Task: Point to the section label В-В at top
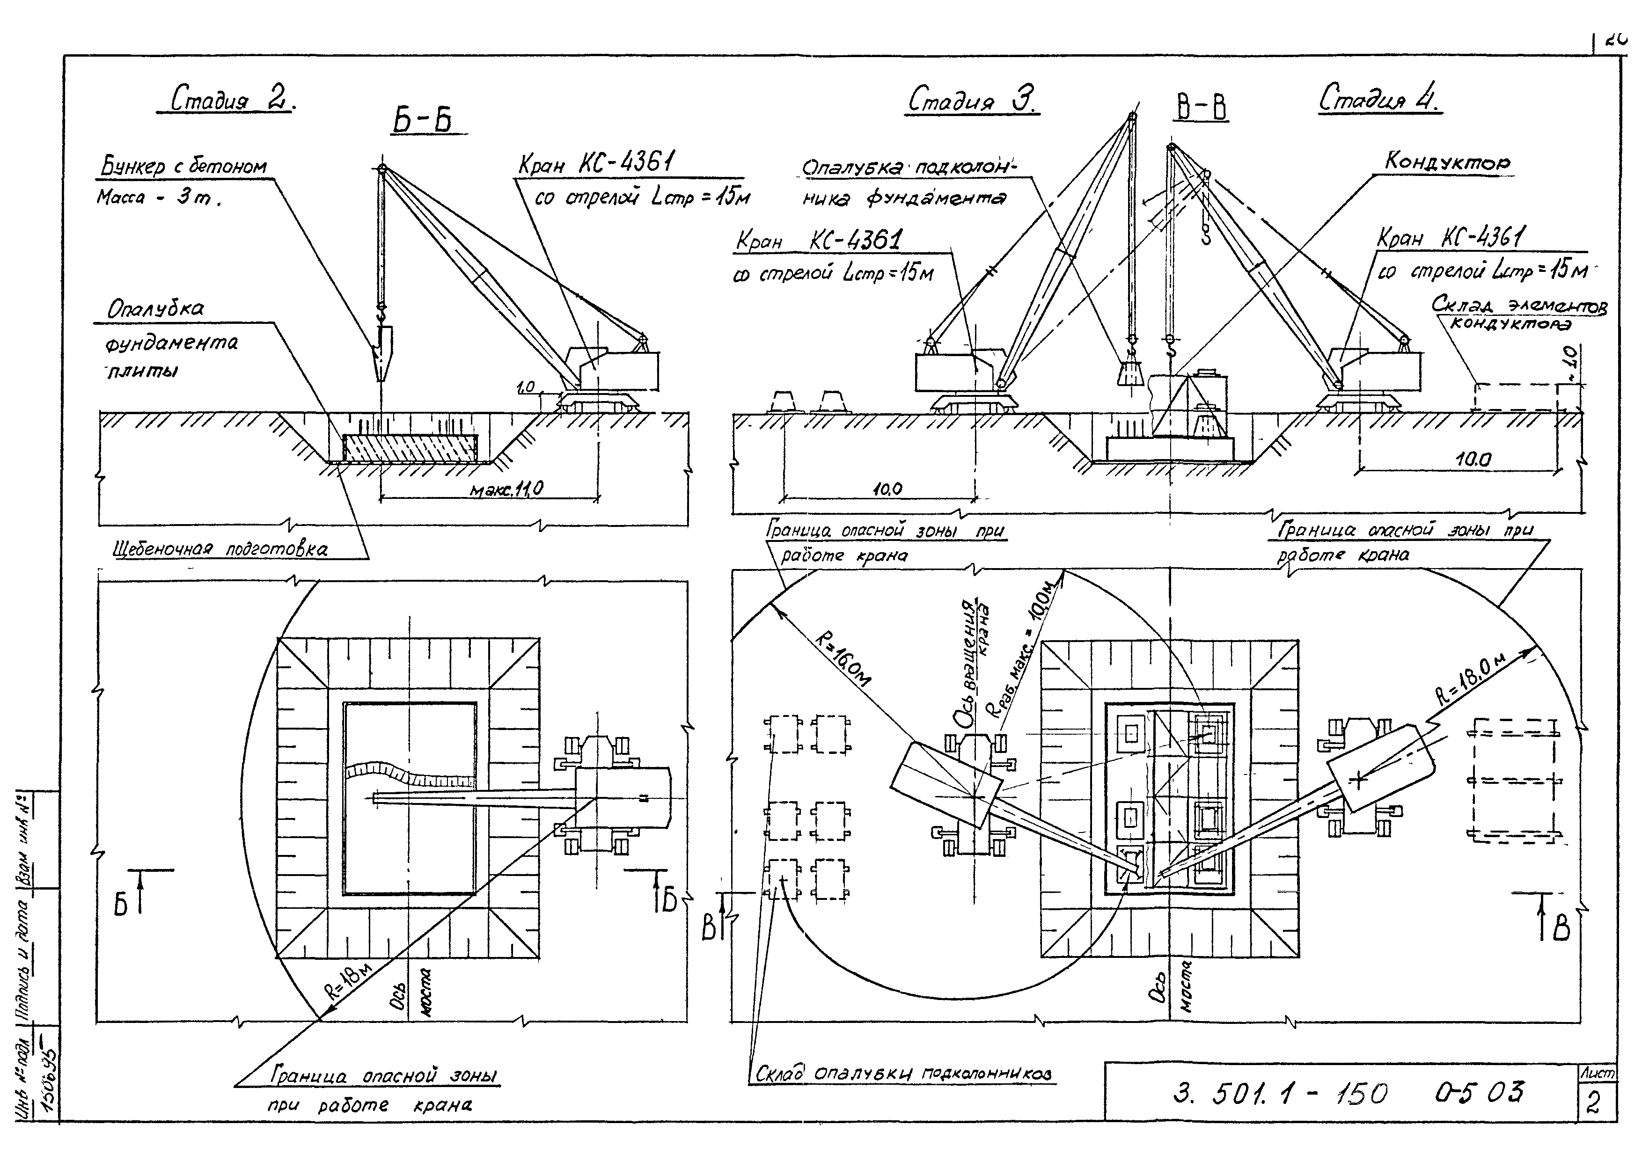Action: click(x=1202, y=109)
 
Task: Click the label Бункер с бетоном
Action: click(x=183, y=167)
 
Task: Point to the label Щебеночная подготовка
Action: click(x=220, y=549)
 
